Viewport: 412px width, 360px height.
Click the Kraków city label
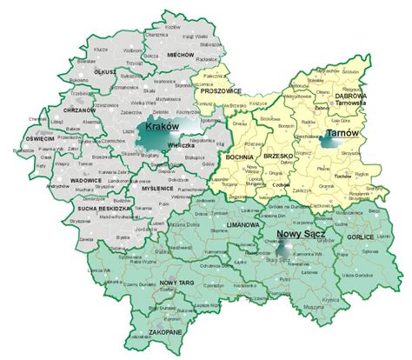coord(162,127)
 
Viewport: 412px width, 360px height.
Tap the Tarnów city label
coord(342,133)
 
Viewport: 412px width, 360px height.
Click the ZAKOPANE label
coord(163,331)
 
